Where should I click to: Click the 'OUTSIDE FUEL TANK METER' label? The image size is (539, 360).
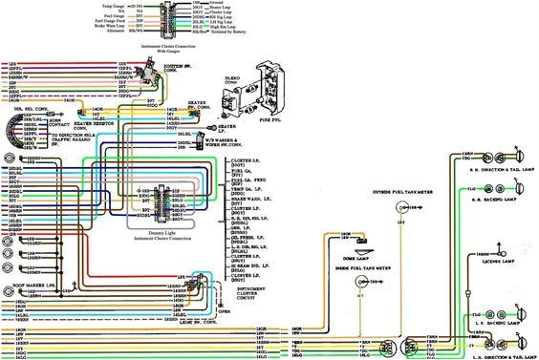click(x=398, y=192)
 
